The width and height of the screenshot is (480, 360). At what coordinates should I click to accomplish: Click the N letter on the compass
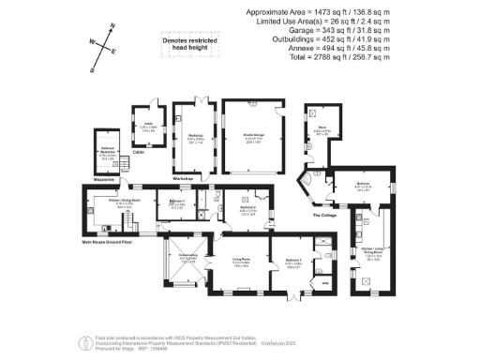(112, 28)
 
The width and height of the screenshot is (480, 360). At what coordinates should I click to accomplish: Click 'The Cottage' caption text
(323, 216)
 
